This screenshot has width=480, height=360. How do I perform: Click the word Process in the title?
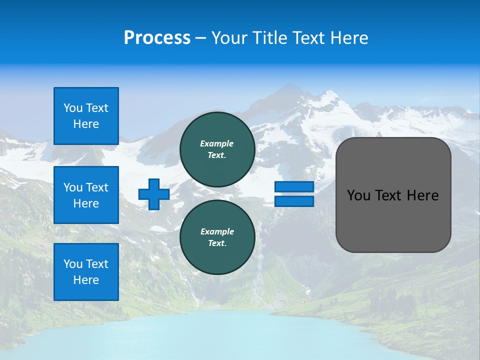coord(157,37)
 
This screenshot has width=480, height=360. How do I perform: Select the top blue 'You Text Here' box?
coord(86,116)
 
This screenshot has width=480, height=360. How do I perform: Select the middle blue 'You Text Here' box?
coord(86,195)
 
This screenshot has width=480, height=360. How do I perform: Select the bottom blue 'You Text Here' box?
coord(86,272)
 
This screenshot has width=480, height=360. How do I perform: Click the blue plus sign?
coord(154,194)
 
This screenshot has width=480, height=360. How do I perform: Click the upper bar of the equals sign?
coord(294,186)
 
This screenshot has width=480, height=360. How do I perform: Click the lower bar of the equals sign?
coord(294,201)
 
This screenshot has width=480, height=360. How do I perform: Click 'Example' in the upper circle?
coord(217,143)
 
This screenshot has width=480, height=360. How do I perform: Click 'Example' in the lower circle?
coord(217,231)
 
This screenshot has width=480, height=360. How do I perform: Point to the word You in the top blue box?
coord(73,108)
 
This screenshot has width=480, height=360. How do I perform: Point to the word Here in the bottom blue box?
coord(86,280)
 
